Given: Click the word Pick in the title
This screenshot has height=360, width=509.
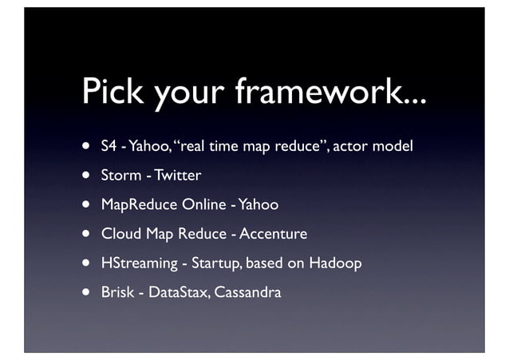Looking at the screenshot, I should pyautogui.click(x=115, y=93).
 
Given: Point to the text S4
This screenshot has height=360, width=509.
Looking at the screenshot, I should pyautogui.click(x=109, y=147).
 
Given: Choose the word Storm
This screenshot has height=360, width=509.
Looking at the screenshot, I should pyautogui.click(x=120, y=176).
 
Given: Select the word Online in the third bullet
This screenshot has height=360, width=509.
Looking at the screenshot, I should pyautogui.click(x=204, y=205).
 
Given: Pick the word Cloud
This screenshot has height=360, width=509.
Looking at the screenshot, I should pyautogui.click(x=119, y=234).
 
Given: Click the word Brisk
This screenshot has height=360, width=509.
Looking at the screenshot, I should pyautogui.click(x=116, y=292).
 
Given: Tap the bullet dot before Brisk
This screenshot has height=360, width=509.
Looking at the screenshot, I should pyautogui.click(x=84, y=293).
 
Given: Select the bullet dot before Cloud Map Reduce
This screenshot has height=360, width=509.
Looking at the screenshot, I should pyautogui.click(x=84, y=235).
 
